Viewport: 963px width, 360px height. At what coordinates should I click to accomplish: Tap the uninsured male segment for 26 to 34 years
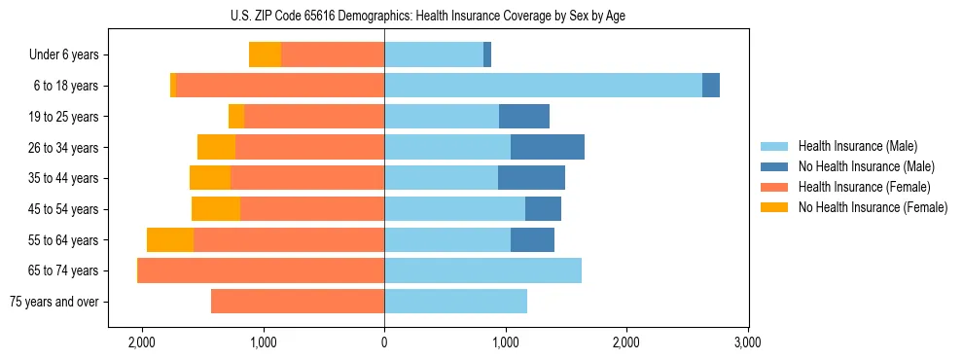pos(547,147)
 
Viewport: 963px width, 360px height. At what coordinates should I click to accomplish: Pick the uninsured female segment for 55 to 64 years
pos(170,239)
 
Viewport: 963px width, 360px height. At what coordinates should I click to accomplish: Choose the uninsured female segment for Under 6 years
pos(265,54)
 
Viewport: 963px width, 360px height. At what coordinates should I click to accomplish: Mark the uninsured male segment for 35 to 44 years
pos(531,178)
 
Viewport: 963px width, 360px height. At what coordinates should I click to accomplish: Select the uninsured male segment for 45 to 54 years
pos(543,209)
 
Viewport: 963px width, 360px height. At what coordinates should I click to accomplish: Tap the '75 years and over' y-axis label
pos(53,302)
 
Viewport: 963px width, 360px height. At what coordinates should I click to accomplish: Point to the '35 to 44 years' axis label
pos(63,178)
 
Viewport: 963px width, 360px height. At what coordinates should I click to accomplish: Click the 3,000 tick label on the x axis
pos(747,342)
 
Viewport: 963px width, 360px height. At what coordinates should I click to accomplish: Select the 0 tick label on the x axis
pos(384,342)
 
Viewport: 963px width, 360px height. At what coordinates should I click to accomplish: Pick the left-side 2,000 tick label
pos(142,342)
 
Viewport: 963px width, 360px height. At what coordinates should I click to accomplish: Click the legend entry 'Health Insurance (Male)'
pos(852,146)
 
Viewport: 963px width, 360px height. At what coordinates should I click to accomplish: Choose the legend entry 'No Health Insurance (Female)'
pos(873,207)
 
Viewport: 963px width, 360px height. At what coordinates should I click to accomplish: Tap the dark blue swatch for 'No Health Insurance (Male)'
pos(775,166)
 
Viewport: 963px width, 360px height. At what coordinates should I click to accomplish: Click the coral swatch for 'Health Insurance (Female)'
pos(775,187)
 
